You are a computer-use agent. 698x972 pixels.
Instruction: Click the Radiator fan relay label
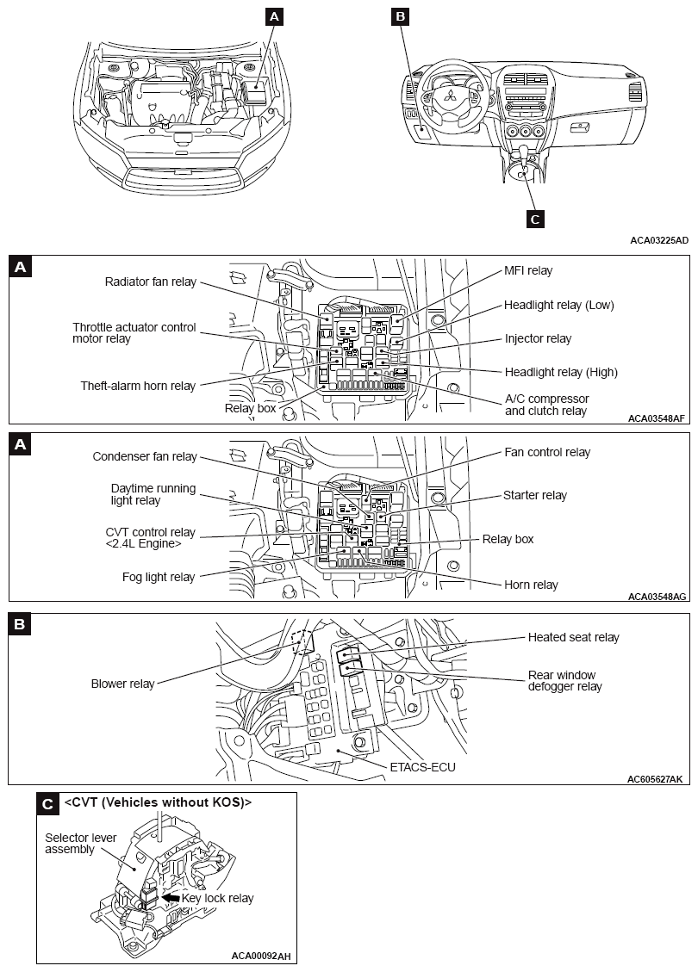pyautogui.click(x=150, y=282)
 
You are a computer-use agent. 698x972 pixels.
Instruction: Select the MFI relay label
pyautogui.click(x=528, y=270)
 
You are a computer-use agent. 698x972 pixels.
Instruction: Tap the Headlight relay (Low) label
pyautogui.click(x=559, y=305)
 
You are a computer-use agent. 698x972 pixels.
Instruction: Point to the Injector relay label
pyautogui.click(x=538, y=338)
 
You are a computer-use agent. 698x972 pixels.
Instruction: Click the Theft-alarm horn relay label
pyautogui.click(x=138, y=386)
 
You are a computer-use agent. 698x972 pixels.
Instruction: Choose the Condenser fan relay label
pyautogui.click(x=145, y=456)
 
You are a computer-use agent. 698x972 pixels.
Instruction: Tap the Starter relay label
pyautogui.click(x=535, y=495)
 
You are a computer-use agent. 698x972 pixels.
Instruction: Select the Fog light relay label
pyautogui.click(x=159, y=577)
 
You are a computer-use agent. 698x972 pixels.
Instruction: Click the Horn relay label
pyautogui.click(x=531, y=585)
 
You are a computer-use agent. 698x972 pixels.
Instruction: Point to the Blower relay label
pyautogui.click(x=122, y=684)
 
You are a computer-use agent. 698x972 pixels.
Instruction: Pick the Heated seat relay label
pyautogui.click(x=573, y=637)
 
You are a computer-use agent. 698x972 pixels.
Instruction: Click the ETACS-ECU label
pyautogui.click(x=422, y=767)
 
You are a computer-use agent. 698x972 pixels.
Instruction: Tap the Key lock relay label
pyautogui.click(x=217, y=898)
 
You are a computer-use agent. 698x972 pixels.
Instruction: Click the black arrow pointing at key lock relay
pyautogui.click(x=171, y=897)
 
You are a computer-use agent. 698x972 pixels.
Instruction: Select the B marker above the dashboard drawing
pyautogui.click(x=400, y=15)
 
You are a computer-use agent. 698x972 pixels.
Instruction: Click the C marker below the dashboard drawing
pyautogui.click(x=534, y=219)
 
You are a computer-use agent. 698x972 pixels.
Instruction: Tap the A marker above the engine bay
pyautogui.click(x=274, y=15)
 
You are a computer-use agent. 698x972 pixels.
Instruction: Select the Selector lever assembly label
pyautogui.click(x=81, y=843)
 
